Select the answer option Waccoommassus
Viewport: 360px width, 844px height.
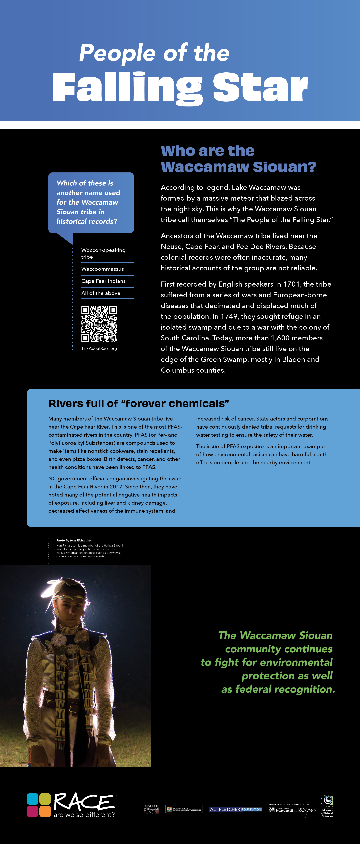103,269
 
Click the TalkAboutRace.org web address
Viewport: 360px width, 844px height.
99,349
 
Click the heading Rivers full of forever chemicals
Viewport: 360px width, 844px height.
139,404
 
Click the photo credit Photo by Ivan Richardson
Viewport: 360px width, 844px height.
74,540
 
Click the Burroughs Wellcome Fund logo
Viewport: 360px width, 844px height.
151,809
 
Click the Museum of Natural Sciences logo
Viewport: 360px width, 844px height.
327,807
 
